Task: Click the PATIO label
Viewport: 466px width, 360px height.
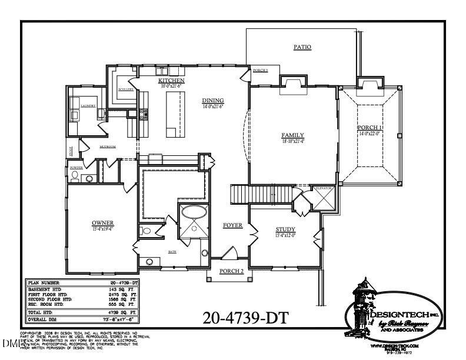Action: click(x=302, y=46)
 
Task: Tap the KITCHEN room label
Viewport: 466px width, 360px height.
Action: click(x=172, y=80)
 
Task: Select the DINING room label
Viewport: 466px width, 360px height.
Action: click(x=212, y=100)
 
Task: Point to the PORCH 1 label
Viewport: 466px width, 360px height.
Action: click(x=370, y=128)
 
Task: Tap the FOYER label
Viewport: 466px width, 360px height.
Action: click(x=232, y=225)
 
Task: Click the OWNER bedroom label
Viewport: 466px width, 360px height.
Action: click(x=102, y=222)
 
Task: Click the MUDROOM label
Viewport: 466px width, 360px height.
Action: click(x=107, y=146)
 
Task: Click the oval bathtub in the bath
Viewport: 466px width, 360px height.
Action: click(x=193, y=212)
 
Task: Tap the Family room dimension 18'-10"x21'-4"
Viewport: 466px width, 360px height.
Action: click(x=292, y=141)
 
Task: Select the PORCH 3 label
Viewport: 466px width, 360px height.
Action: click(x=260, y=71)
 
